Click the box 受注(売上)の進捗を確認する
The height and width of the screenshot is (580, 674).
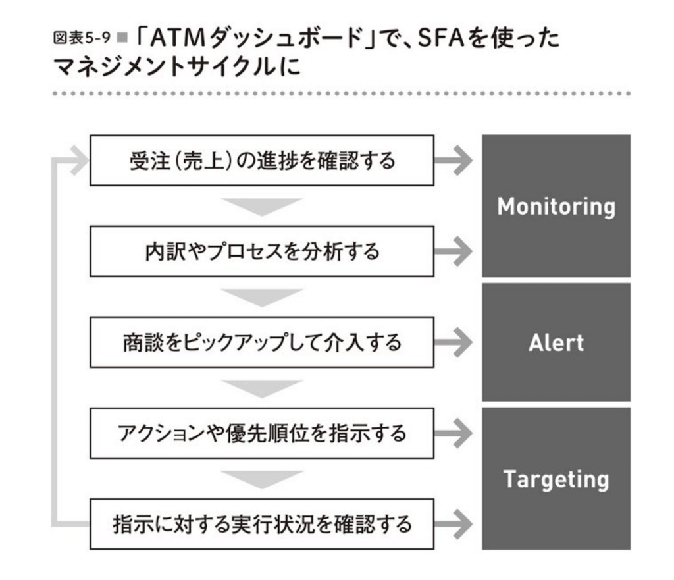click(x=262, y=161)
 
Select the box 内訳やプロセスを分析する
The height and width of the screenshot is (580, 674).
click(x=262, y=251)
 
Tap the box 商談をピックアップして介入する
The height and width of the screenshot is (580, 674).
click(x=262, y=343)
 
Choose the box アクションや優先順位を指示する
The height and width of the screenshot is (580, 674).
click(x=262, y=433)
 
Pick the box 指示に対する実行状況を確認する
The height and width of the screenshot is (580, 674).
click(x=262, y=524)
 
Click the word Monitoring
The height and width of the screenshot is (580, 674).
click(x=556, y=207)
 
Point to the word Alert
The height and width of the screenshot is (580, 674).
click(x=556, y=343)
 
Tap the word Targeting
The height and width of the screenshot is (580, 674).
click(x=556, y=480)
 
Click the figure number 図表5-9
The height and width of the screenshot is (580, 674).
click(x=82, y=38)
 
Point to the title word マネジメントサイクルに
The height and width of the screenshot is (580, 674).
click(x=176, y=67)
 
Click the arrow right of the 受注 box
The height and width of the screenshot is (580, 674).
click(x=454, y=161)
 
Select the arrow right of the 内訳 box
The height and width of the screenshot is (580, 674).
click(x=454, y=251)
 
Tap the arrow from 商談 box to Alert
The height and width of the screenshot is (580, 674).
click(x=454, y=343)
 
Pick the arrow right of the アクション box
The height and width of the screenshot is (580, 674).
click(x=454, y=433)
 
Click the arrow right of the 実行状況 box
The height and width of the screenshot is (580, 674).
click(x=454, y=524)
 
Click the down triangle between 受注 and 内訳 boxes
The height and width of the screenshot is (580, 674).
click(x=262, y=206)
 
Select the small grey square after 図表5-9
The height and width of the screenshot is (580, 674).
click(x=122, y=38)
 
